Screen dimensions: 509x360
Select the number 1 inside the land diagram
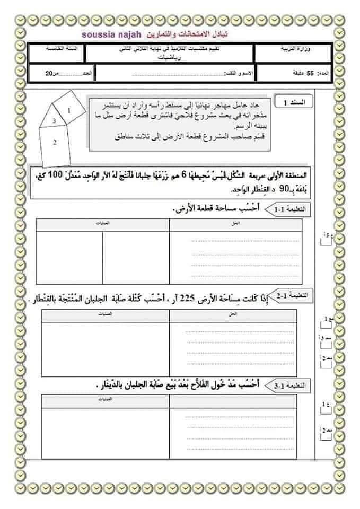coord(69,110)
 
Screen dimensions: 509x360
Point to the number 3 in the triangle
coord(54,121)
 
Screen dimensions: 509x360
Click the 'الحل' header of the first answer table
coord(236,224)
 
